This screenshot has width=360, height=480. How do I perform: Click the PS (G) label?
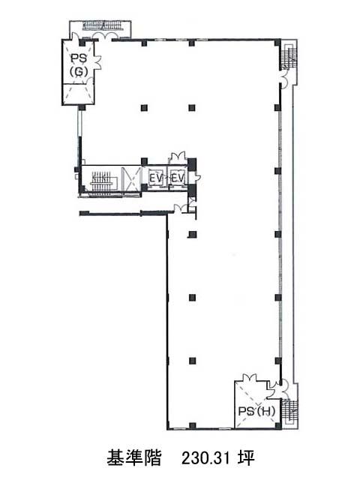coord(79,64)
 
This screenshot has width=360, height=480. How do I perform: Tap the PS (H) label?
coord(256,411)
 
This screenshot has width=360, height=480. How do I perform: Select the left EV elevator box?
coord(155,178)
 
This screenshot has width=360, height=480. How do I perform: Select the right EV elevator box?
coord(177,178)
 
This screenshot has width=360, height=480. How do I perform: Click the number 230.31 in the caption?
coord(205,458)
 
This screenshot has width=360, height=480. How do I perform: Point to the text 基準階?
coord(133,458)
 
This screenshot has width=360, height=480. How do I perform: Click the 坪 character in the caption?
coord(247,458)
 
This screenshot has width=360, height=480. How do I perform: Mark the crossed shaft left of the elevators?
coord(131,178)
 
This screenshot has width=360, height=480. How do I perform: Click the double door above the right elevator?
coord(177,157)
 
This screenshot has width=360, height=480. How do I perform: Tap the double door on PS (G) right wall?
coord(97,62)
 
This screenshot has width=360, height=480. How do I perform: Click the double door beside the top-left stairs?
coord(103,36)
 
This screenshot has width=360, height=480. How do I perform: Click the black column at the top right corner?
coord(277,42)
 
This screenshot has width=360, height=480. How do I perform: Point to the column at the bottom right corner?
coord(277,426)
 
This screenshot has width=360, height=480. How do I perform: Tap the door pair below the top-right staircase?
coord(283,79)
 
